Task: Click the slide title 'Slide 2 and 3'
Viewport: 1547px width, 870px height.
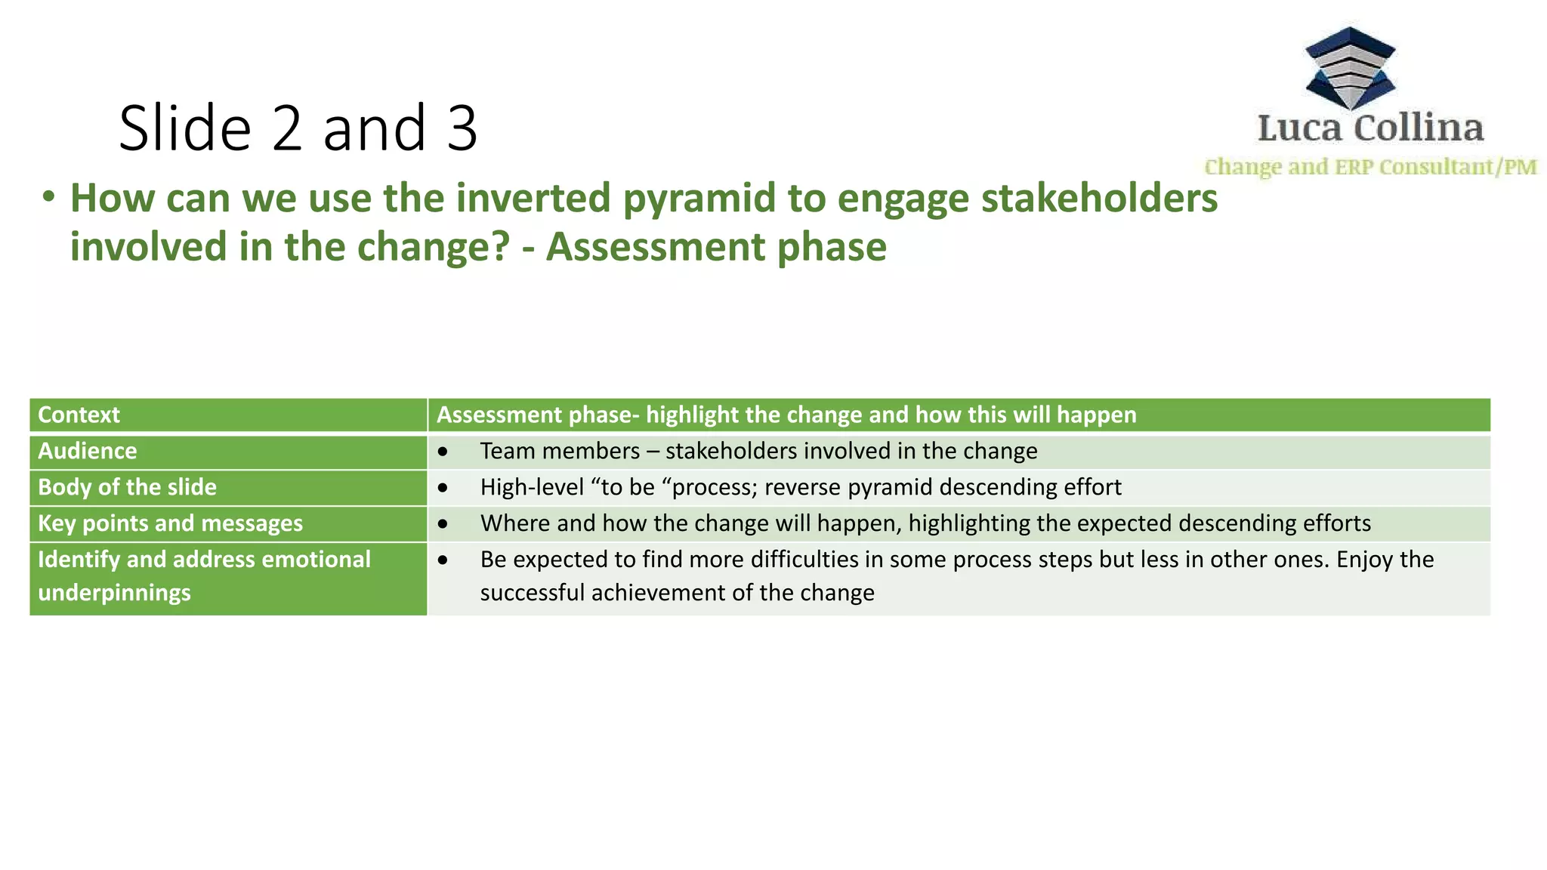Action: coord(298,128)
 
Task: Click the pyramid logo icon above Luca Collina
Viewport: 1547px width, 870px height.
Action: coord(1350,68)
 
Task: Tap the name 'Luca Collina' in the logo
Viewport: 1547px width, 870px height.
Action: coord(1370,128)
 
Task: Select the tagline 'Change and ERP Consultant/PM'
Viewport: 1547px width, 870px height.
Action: coord(1370,167)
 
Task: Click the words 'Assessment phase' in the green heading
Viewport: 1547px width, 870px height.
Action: coord(716,248)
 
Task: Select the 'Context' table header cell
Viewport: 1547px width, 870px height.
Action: coord(79,415)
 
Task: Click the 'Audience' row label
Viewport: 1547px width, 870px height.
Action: coord(88,451)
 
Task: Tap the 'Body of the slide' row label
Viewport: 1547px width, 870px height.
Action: coord(127,487)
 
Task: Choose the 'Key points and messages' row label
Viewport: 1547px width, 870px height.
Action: coord(170,523)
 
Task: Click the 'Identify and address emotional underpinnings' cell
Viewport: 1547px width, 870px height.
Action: coord(204,575)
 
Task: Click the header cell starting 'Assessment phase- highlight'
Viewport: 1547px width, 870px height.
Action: coord(786,415)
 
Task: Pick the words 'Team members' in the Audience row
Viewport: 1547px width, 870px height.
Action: coord(560,451)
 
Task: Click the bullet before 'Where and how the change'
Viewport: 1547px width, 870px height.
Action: coord(443,523)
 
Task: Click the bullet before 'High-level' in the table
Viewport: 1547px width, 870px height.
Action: coord(443,488)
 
